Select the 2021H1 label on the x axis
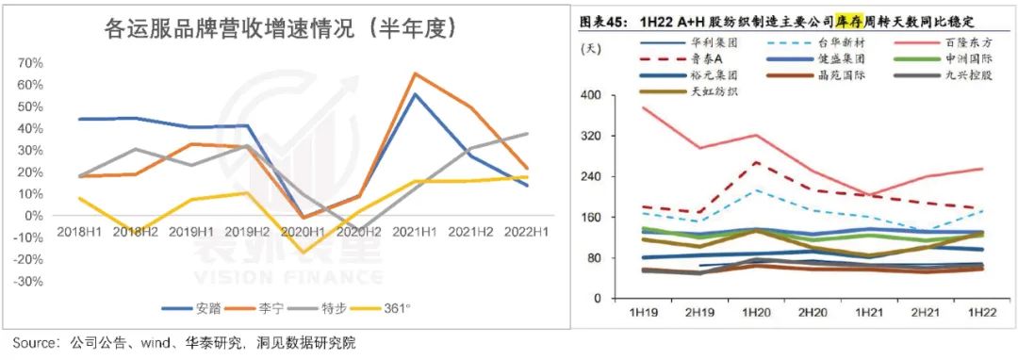click(x=414, y=228)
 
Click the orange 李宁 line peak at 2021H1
click(x=415, y=73)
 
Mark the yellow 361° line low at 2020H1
click(x=303, y=254)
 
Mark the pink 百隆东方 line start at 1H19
click(x=641, y=107)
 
